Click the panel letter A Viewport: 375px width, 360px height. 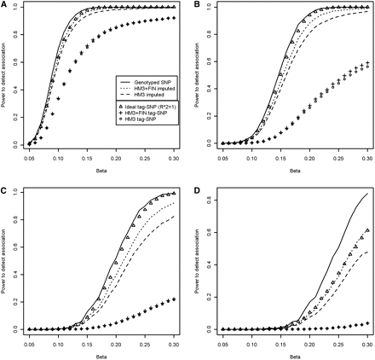(x=5, y=4)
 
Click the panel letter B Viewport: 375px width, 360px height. (x=196, y=4)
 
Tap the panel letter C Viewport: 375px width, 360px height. (x=5, y=188)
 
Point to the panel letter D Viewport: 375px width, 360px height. (x=196, y=188)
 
